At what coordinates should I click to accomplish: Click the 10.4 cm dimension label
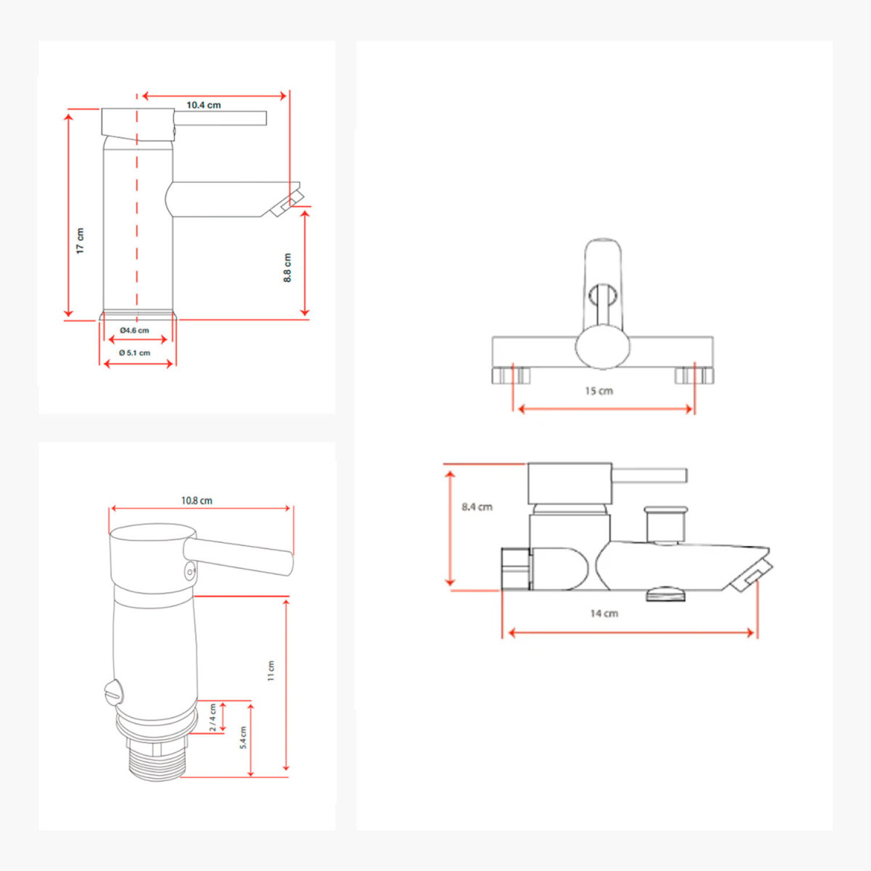point(203,105)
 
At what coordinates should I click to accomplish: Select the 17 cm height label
point(80,240)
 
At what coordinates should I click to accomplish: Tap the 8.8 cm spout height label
point(287,268)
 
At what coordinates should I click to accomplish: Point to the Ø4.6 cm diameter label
point(134,330)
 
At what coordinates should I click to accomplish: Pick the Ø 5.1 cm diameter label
point(134,352)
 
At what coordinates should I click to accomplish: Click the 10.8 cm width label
point(197,501)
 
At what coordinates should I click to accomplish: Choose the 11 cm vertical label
point(271,671)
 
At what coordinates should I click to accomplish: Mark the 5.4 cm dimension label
point(243,737)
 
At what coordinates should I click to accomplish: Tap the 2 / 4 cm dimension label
point(213,718)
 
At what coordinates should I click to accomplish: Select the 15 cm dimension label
point(599,391)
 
